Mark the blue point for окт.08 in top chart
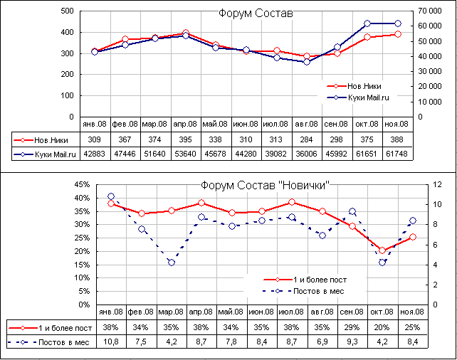367,23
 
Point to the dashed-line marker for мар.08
172,263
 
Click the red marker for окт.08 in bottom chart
382,250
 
